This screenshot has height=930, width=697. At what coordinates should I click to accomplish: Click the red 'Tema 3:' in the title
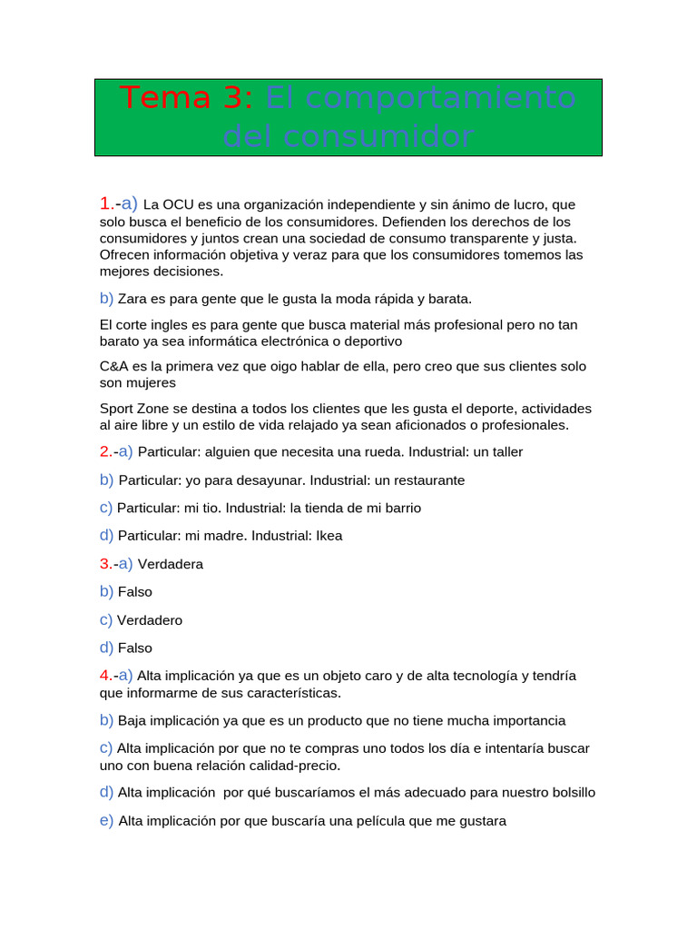click(x=188, y=97)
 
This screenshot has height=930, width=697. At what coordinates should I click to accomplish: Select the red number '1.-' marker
click(x=109, y=204)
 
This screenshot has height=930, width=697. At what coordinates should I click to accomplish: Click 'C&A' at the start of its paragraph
click(x=113, y=366)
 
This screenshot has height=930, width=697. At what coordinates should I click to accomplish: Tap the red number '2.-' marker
click(x=108, y=451)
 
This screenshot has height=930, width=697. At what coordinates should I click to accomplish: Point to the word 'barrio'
click(x=401, y=508)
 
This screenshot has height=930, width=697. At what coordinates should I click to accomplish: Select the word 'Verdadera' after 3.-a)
click(x=170, y=564)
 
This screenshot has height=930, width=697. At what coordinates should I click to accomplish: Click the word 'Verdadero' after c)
click(x=149, y=620)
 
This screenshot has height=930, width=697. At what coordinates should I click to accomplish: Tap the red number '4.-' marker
click(x=108, y=676)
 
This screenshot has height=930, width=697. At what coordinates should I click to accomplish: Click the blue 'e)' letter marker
click(x=106, y=821)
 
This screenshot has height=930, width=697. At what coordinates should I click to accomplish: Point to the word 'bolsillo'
click(x=568, y=792)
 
